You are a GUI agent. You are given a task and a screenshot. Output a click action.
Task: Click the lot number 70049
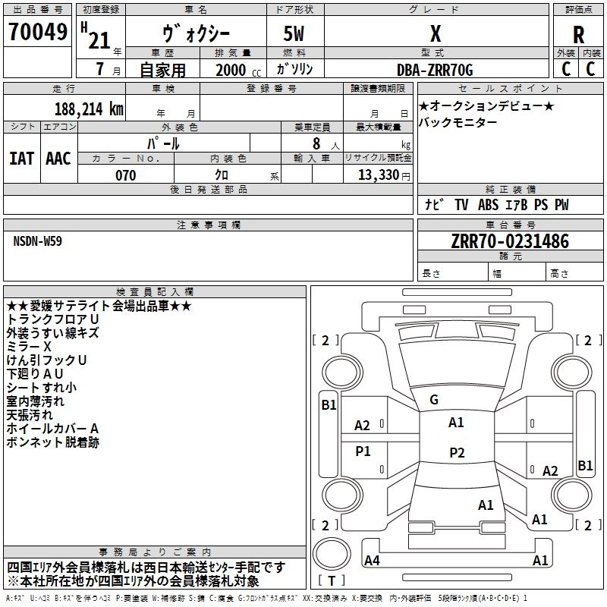point(38,32)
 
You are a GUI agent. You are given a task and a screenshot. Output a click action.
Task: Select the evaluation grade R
point(578,35)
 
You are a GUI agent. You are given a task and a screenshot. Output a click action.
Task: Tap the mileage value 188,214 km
point(89,109)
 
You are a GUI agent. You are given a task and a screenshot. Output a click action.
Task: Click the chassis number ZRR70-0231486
point(510,241)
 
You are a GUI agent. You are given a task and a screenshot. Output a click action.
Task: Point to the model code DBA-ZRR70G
point(435,70)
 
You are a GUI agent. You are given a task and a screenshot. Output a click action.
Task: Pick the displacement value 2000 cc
point(238,71)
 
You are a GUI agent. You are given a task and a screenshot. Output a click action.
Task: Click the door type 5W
point(294,33)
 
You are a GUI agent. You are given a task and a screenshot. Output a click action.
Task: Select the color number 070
point(126,175)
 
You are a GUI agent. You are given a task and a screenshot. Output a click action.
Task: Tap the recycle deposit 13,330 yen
point(384,175)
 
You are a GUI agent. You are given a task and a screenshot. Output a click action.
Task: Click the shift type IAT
point(22,159)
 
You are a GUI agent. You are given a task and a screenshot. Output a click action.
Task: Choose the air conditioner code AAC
point(58,159)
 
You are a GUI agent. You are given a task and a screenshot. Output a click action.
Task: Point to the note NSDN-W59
point(37,241)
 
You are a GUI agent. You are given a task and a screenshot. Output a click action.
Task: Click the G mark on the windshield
point(434,400)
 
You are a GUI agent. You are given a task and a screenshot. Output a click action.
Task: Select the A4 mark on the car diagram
point(372,560)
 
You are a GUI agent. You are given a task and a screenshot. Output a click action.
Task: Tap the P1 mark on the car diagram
point(363,451)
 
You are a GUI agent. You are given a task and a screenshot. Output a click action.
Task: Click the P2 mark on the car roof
point(457,452)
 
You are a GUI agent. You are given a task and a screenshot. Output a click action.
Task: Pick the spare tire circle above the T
point(332,554)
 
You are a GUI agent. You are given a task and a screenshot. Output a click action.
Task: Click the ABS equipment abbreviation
point(488,205)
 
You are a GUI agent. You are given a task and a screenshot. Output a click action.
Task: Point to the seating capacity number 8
point(316,143)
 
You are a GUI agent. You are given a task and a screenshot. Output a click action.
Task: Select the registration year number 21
point(99,40)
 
